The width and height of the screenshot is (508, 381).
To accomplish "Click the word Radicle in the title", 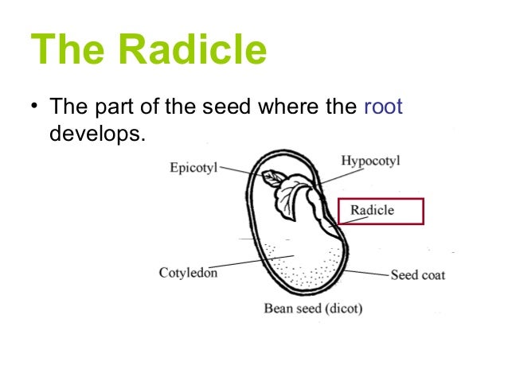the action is pyautogui.click(x=192, y=49).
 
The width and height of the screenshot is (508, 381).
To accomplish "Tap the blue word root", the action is pyautogui.click(x=383, y=107).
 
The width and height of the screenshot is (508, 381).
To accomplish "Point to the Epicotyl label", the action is pyautogui.click(x=193, y=168).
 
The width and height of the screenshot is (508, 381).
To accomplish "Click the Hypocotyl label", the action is pyautogui.click(x=370, y=161).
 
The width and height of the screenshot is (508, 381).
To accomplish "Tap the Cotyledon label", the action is pyautogui.click(x=189, y=273).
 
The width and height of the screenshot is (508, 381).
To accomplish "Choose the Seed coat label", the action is pyautogui.click(x=417, y=275).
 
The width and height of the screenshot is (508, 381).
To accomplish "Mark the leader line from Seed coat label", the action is pyautogui.click(x=368, y=272).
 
